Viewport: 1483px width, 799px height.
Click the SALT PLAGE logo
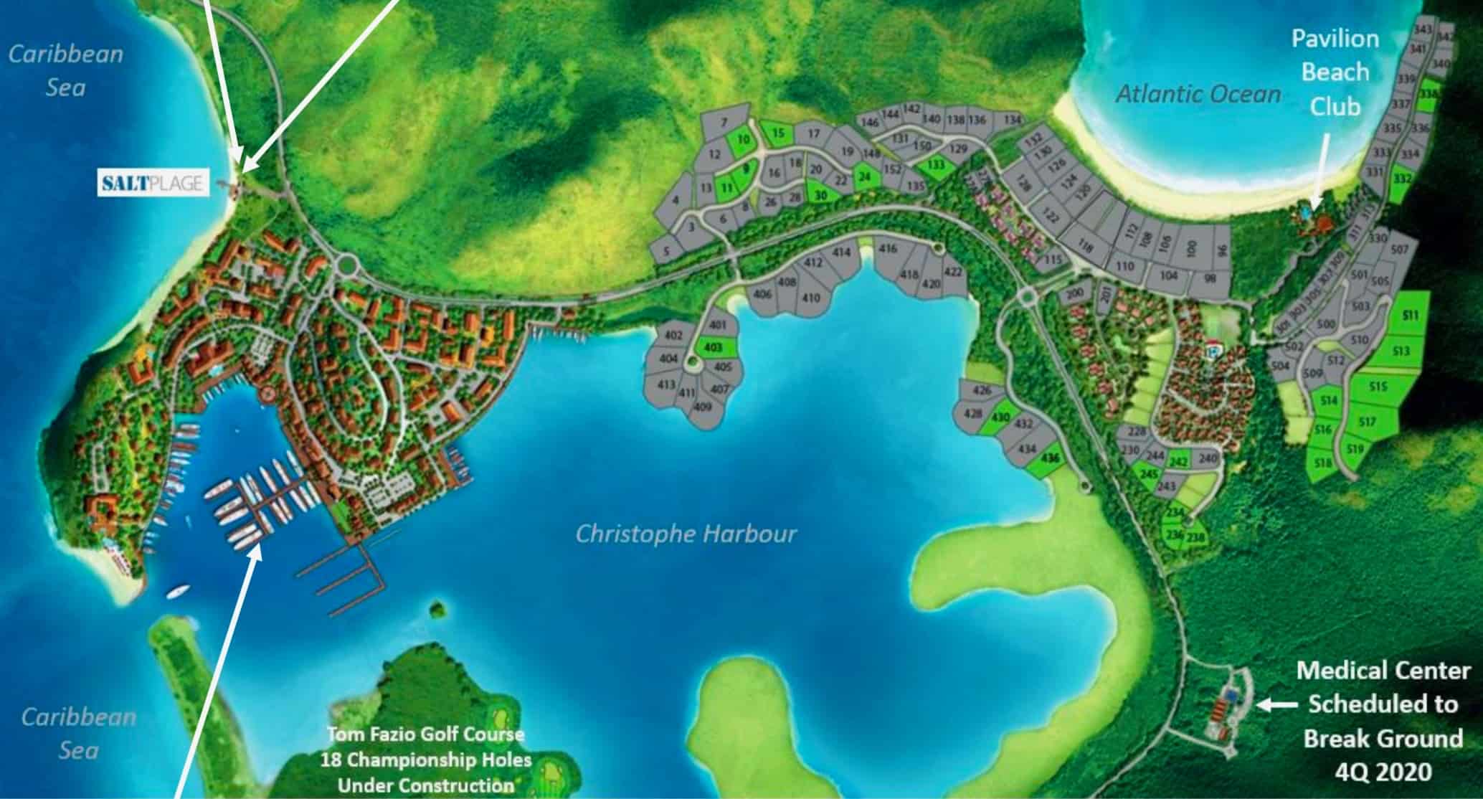click(x=152, y=184)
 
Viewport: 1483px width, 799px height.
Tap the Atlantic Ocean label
click(x=1198, y=93)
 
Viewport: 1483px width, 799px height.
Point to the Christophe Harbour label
click(x=686, y=534)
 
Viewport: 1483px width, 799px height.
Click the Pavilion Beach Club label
click(x=1335, y=72)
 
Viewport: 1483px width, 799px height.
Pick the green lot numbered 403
click(x=714, y=347)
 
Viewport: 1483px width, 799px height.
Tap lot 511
click(x=1409, y=315)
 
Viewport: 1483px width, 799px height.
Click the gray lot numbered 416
click(x=888, y=250)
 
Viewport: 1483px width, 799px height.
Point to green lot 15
click(x=778, y=133)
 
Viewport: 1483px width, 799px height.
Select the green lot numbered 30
click(x=821, y=194)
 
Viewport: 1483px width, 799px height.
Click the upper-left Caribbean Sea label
click(x=65, y=70)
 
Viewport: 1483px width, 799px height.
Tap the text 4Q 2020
click(x=1383, y=772)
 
